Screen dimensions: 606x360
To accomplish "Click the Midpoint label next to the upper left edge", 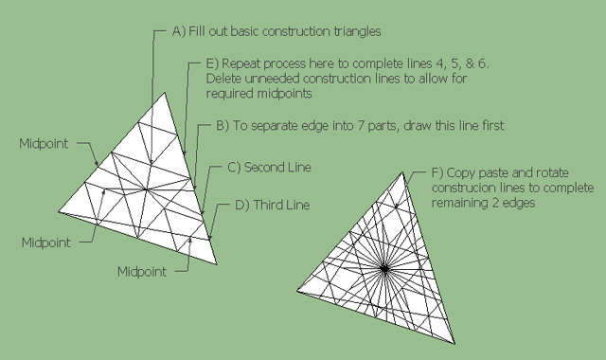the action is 44,144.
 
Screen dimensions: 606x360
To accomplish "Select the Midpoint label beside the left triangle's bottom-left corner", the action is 46,243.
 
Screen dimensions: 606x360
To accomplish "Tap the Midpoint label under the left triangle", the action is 142,272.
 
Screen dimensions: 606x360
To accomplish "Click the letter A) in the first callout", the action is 179,31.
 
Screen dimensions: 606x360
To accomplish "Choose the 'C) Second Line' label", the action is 269,167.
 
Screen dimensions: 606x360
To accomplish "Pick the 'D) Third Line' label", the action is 272,205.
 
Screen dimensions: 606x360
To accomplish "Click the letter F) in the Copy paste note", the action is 437,172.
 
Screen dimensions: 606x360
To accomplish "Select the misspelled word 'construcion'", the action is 459,188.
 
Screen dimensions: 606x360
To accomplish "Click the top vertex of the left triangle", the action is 164,93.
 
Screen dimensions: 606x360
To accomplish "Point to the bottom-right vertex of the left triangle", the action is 217,264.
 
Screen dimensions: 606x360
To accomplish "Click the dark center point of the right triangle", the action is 384,269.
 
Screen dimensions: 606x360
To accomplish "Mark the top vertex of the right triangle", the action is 402,172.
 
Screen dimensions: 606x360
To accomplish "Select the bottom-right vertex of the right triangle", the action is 454,343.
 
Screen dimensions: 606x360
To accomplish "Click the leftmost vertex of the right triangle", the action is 296,291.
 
